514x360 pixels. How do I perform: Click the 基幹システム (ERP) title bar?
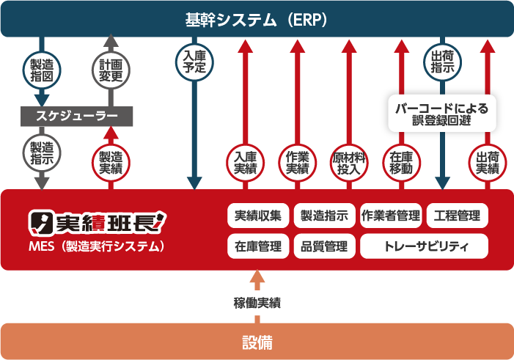click(257, 18)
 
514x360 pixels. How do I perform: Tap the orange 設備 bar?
click(257, 342)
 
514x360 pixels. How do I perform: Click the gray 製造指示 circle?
click(42, 152)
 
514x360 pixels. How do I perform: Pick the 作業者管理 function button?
click(390, 216)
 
